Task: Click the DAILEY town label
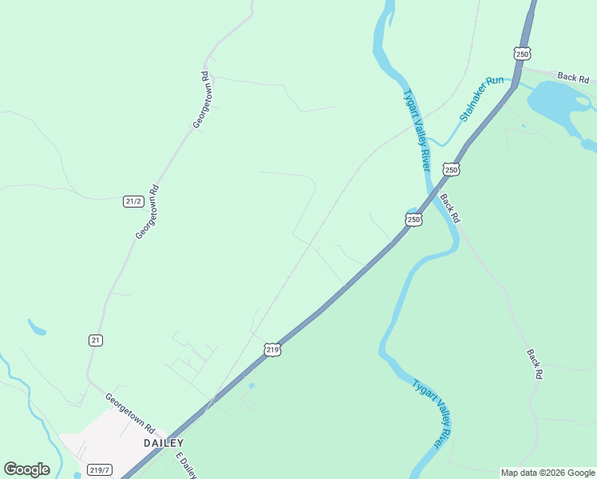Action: pos(163,443)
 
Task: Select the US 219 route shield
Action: pos(272,350)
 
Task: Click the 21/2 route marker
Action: pos(133,201)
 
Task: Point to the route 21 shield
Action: pos(96,340)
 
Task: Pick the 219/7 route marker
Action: pos(99,470)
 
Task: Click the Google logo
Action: pos(26,469)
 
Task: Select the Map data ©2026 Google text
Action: pos(548,473)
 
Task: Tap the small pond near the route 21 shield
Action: pos(37,327)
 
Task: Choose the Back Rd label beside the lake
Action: pos(573,77)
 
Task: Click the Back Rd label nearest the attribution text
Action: pos(535,363)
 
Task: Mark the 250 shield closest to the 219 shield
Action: pos(413,219)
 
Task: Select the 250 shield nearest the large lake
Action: pos(522,53)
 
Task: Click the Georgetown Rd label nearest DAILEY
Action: pos(129,413)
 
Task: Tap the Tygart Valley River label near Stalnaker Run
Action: pos(417,129)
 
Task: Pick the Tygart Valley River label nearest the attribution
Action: pos(432,413)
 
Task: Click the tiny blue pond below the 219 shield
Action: pos(252,386)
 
